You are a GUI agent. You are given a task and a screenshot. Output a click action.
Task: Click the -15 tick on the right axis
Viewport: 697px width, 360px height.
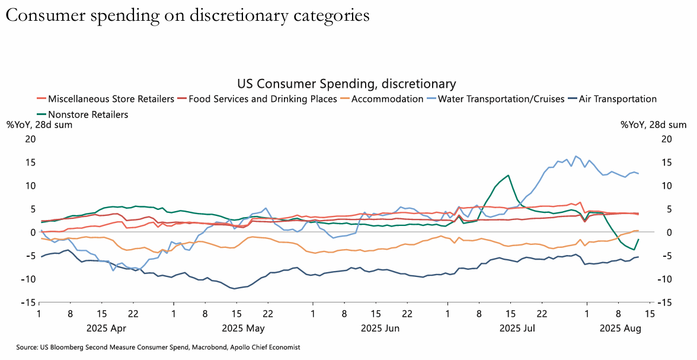tap(666, 302)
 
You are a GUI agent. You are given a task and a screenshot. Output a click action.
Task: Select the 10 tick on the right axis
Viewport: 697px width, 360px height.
tap(667, 186)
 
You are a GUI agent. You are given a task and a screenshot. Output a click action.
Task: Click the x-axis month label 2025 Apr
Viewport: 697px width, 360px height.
tap(107, 327)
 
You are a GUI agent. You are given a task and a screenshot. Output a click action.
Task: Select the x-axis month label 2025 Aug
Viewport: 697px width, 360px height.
tap(621, 327)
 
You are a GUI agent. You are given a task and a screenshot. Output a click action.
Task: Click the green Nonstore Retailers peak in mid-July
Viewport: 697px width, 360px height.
tap(509, 175)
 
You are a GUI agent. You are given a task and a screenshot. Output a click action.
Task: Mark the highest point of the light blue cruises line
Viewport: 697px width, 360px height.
tap(575, 156)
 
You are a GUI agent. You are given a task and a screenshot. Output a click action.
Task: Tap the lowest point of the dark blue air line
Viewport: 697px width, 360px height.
tap(235, 289)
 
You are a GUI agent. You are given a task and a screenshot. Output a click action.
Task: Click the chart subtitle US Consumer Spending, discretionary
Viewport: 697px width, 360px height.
tap(346, 84)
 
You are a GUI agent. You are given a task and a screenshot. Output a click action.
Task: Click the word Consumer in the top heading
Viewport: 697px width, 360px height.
tap(44, 16)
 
